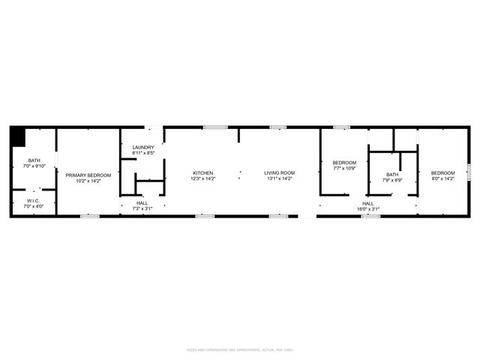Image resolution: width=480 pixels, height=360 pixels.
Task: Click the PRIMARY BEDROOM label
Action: pos(88,175)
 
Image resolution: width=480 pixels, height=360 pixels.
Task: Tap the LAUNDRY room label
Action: pos(143,147)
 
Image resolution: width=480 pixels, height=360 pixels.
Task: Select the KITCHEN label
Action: pos(202,173)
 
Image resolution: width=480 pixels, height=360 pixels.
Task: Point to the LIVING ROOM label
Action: pos(279,173)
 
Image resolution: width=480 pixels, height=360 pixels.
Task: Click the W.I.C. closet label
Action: pos(34,200)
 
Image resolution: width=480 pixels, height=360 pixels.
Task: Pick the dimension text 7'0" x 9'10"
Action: pos(34,166)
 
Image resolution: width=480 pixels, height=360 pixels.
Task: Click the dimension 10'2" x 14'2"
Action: pos(88,181)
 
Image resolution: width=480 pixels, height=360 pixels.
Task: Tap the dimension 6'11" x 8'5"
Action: pos(143,153)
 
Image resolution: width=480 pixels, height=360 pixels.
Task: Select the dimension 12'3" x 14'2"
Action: pos(202,178)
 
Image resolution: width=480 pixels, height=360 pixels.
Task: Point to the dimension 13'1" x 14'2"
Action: pos(279,178)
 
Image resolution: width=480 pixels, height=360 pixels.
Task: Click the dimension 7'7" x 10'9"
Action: pos(345,168)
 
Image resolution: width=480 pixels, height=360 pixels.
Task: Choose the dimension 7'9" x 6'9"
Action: pos(392,181)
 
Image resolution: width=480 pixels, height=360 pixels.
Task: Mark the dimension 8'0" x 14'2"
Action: pos(442,179)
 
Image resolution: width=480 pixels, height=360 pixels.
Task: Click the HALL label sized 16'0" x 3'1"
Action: pos(368,202)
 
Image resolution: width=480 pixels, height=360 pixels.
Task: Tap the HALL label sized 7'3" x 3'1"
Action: pos(142,202)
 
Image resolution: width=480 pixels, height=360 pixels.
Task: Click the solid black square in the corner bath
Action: pos(18,136)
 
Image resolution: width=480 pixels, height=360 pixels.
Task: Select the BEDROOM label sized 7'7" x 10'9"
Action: pos(345,163)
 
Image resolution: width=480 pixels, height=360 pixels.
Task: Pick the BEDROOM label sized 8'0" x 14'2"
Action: pos(442,173)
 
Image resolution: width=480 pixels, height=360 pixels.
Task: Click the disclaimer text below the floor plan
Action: pos(240,349)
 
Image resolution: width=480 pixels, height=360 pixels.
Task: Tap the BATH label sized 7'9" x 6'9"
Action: pos(392,175)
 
